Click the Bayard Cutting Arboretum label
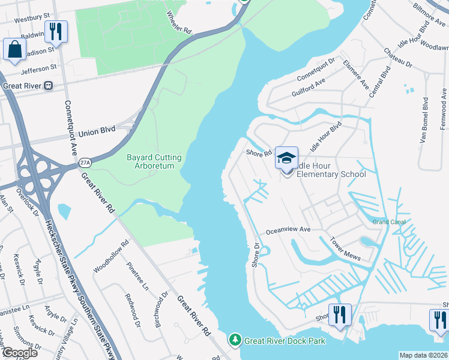tap(154, 161)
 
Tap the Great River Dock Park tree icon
tap(235, 340)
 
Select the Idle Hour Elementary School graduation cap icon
tap(287, 158)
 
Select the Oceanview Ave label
tap(288, 230)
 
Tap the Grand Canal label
tap(389, 222)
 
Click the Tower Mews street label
tap(345, 248)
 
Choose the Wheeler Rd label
tap(179, 21)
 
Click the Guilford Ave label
tap(308, 89)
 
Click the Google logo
tap(20, 353)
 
